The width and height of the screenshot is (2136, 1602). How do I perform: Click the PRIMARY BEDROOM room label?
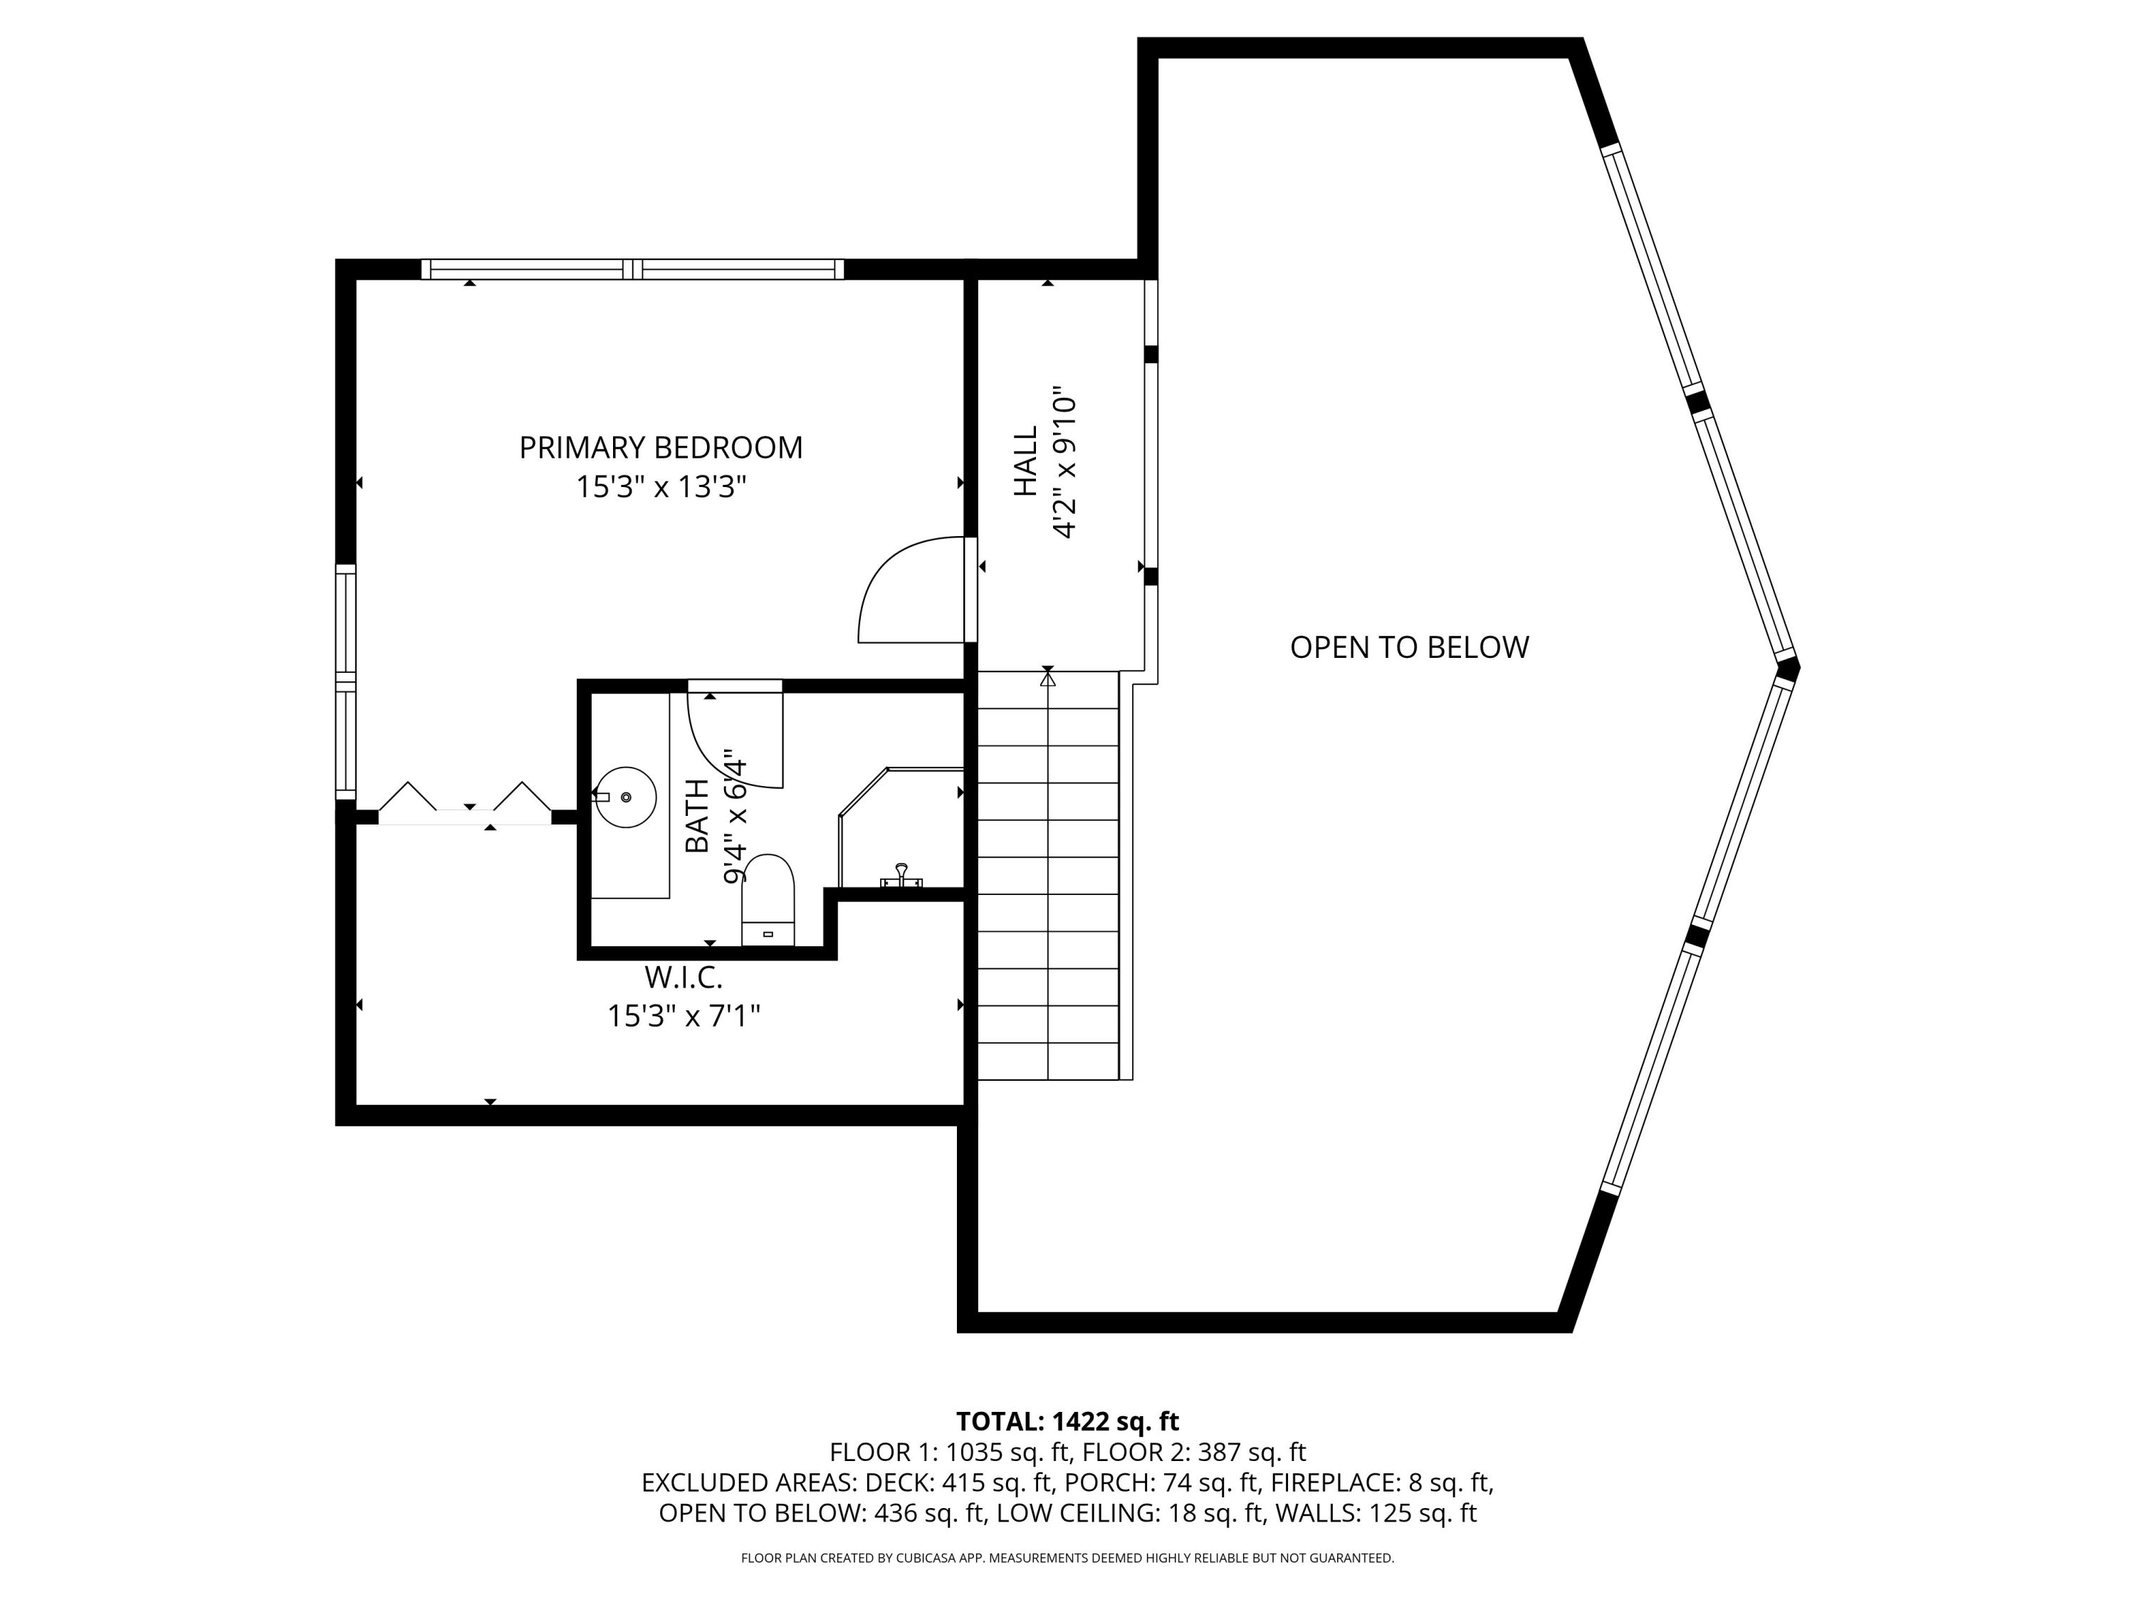(661, 448)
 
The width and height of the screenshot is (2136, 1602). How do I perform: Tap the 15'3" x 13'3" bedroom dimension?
(661, 488)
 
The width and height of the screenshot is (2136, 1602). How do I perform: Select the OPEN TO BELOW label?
(1409, 647)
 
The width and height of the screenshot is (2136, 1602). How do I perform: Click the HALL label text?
(1025, 461)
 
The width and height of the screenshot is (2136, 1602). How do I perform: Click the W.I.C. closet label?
(684, 978)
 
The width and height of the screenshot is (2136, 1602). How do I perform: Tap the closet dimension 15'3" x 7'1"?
(684, 1016)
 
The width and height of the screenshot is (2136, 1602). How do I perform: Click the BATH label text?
(696, 816)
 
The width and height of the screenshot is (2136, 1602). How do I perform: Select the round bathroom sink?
(626, 797)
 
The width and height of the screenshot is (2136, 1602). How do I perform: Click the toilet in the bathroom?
(768, 900)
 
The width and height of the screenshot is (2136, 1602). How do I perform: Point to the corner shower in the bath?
(901, 827)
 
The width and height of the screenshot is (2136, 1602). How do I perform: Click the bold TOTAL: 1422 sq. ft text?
(1067, 1421)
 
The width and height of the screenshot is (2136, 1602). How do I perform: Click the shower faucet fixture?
(901, 876)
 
